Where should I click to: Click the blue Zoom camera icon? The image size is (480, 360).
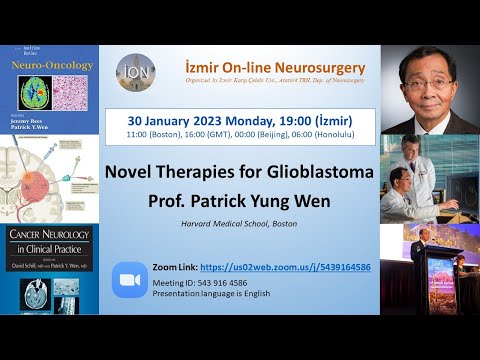(x=130, y=279)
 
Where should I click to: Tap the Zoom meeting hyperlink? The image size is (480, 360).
(x=285, y=267)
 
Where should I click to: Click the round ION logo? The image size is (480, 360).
(x=135, y=73)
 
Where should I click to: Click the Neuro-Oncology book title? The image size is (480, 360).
(x=57, y=66)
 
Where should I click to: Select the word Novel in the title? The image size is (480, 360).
(x=153, y=171)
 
